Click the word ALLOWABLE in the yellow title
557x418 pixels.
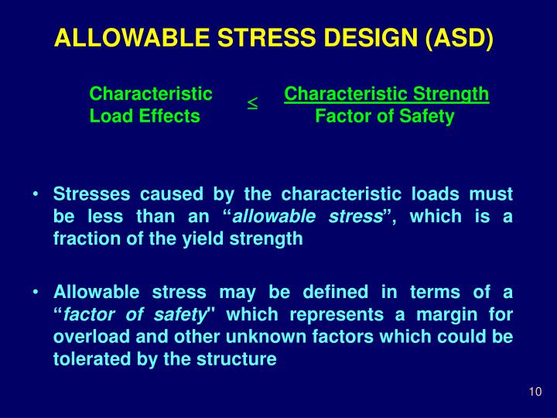pos(132,37)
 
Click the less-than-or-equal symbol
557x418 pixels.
pos(252,103)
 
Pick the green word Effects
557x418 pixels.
pos(169,116)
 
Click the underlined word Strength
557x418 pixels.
pos(451,94)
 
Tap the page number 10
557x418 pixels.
pos(535,392)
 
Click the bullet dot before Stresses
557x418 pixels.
pos(36,194)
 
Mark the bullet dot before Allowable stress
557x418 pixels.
pos(36,292)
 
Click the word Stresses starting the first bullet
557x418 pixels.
pos(91,194)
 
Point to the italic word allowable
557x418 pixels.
pos(274,217)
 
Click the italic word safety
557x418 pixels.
pos(179,315)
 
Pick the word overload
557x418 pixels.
pos(91,337)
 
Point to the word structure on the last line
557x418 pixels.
pos(237,359)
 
